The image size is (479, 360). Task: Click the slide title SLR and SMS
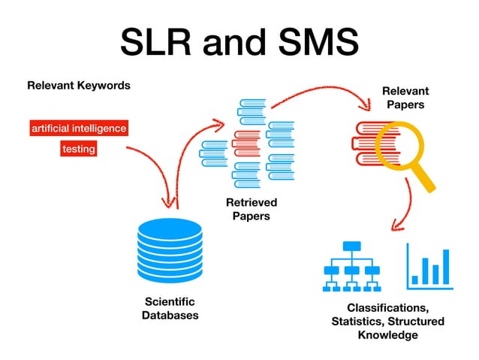pyautogui.click(x=239, y=43)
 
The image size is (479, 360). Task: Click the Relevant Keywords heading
pyautogui.click(x=79, y=85)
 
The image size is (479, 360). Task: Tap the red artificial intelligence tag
pyautogui.click(x=79, y=129)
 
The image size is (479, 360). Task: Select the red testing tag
pyautogui.click(x=79, y=149)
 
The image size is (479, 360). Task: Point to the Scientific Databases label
pyautogui.click(x=170, y=308)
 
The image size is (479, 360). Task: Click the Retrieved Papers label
pyautogui.click(x=252, y=209)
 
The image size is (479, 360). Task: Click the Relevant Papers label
pyautogui.click(x=405, y=98)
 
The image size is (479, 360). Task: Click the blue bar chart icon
pyautogui.click(x=429, y=266)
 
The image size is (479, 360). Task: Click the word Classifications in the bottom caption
pyautogui.click(x=387, y=308)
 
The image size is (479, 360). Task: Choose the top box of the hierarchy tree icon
pyautogui.click(x=351, y=246)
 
